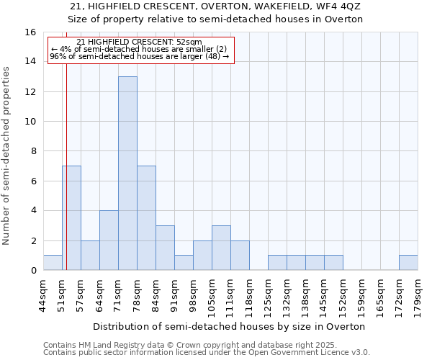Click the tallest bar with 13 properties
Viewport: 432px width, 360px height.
127,174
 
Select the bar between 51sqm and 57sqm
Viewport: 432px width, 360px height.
71,218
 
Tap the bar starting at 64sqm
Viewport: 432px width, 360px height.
109,240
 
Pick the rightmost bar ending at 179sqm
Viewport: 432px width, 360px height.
408,263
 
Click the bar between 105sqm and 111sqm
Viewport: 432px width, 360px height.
221,248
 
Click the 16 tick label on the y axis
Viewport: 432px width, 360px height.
30,32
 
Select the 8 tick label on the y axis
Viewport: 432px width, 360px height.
33,151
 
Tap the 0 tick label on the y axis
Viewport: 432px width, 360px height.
33,271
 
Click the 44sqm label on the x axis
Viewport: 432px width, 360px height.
43,294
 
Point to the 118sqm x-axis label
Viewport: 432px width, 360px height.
249,297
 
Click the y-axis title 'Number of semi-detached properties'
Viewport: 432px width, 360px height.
7,156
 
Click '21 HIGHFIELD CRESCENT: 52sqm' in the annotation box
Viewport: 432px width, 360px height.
139,42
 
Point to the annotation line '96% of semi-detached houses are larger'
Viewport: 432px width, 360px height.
139,56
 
